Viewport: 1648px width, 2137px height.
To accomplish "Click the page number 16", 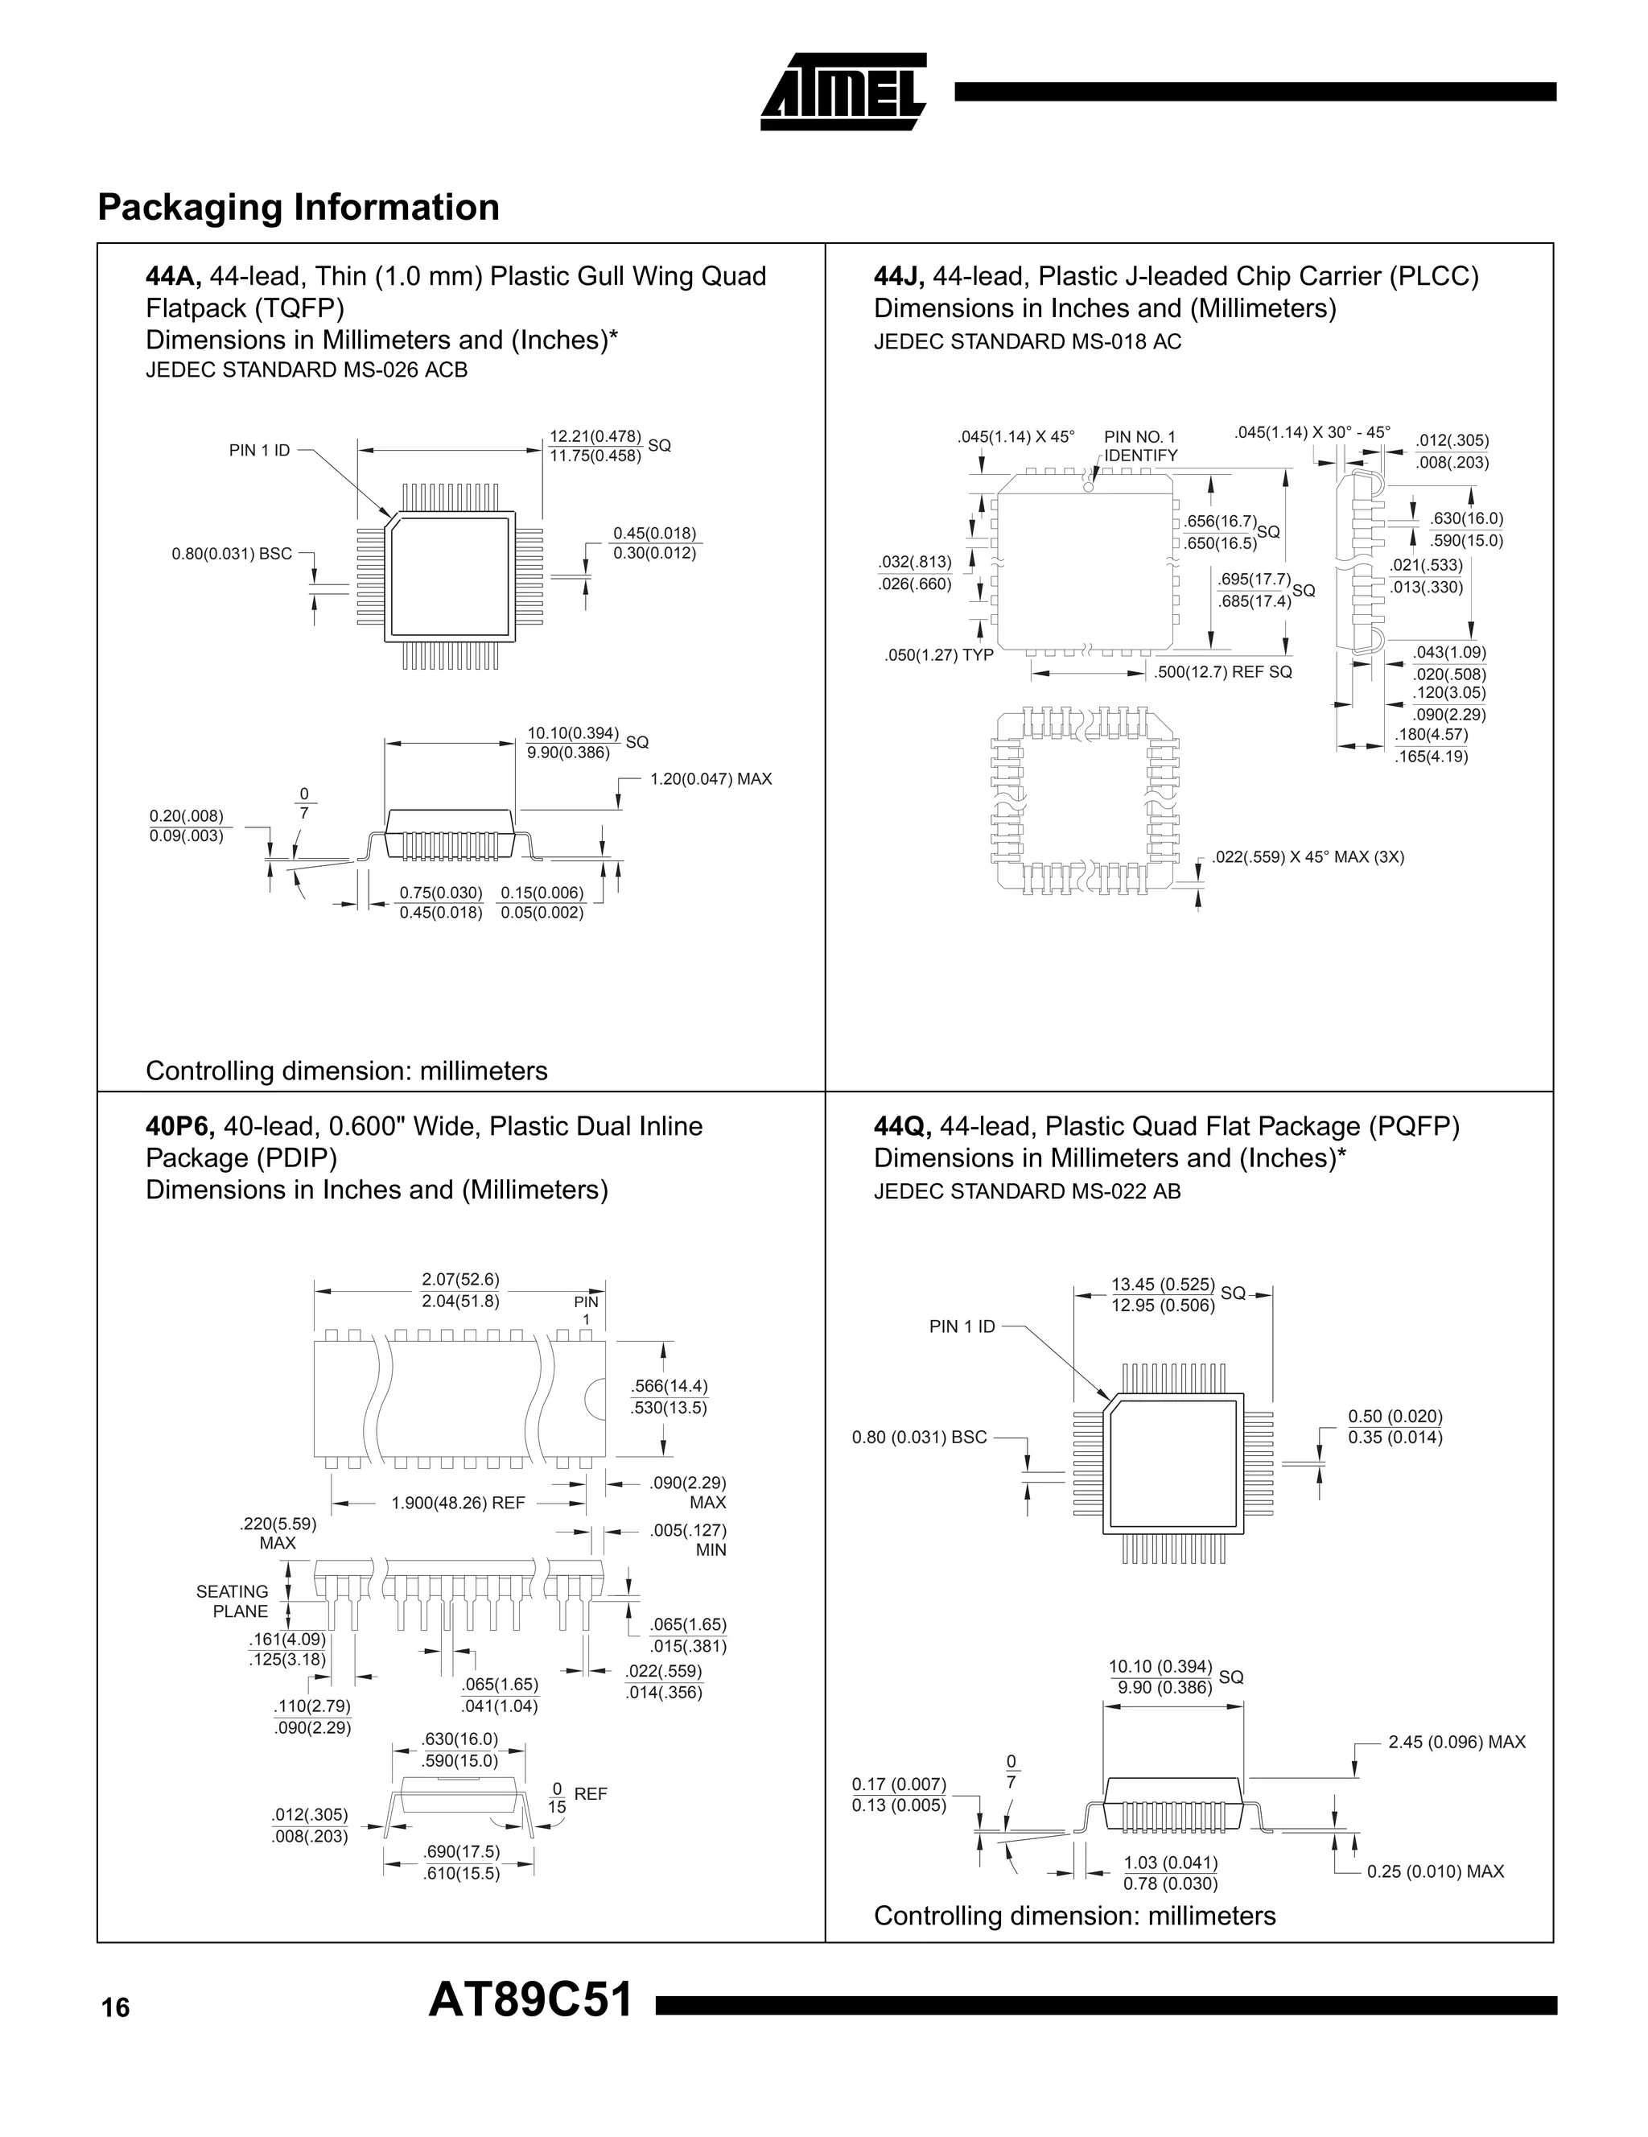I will pyautogui.click(x=114, y=2009).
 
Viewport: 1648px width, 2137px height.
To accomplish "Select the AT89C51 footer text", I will pyautogui.click(x=530, y=2001).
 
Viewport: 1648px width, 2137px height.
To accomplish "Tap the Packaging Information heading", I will pyautogui.click(x=299, y=208).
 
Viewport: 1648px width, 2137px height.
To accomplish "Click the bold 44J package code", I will pyautogui.click(x=899, y=277).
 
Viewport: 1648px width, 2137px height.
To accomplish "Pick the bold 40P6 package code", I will pyautogui.click(x=180, y=1126).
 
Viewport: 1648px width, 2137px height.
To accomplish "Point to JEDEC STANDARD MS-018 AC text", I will pyautogui.click(x=1027, y=341).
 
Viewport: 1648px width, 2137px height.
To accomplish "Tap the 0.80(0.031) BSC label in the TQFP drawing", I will pyautogui.click(x=232, y=554).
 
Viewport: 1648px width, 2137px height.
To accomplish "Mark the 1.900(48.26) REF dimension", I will pyautogui.click(x=458, y=1503).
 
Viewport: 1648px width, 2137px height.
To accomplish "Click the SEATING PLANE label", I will pyautogui.click(x=232, y=1602).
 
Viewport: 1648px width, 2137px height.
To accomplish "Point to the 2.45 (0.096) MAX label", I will pyautogui.click(x=1456, y=1742).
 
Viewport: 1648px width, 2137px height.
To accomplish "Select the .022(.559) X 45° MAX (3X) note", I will pyautogui.click(x=1308, y=857).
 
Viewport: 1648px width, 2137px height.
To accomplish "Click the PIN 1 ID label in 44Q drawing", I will pyautogui.click(x=962, y=1326).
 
